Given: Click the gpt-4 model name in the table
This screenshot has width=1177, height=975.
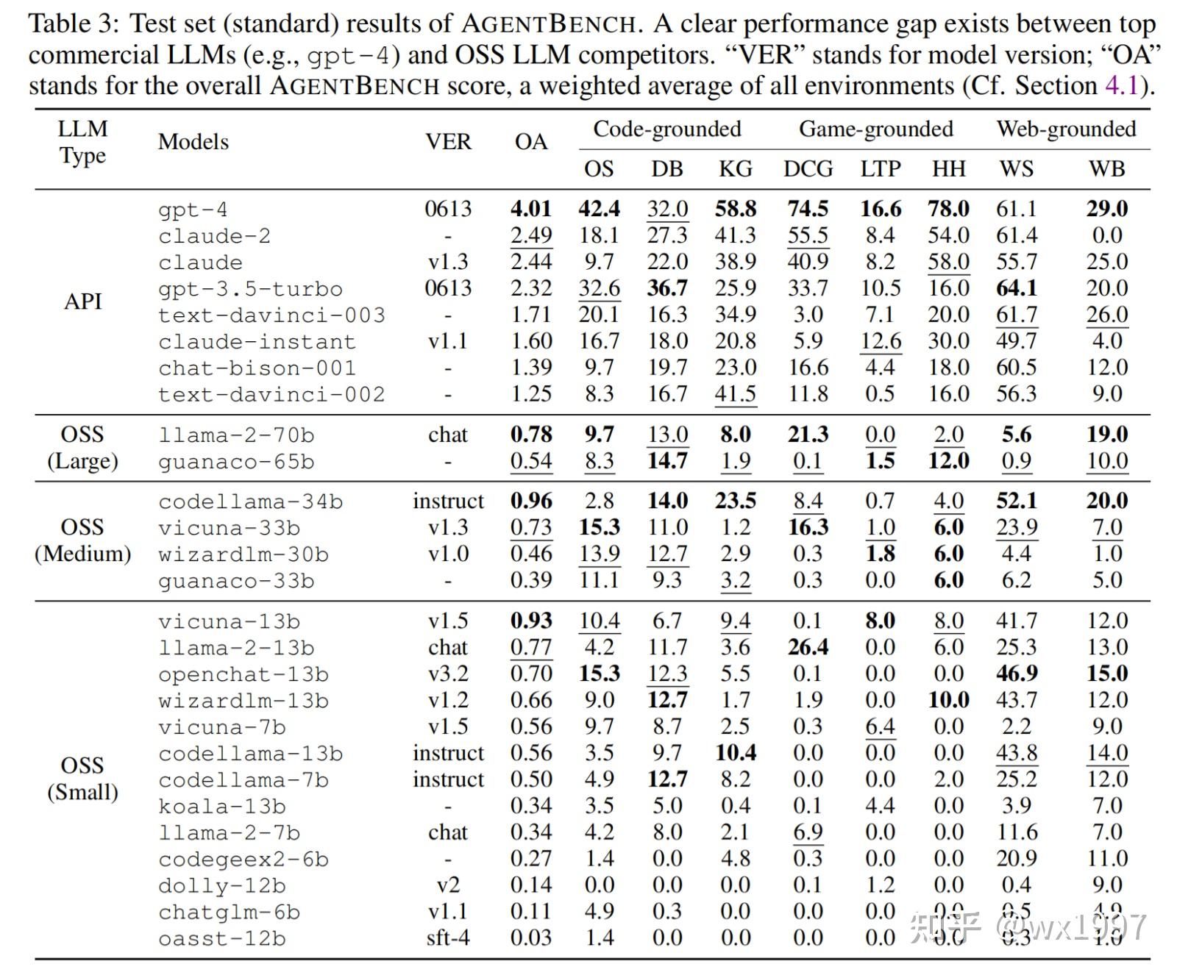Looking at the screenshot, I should coord(193,210).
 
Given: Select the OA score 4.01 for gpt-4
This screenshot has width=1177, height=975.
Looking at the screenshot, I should coord(530,209).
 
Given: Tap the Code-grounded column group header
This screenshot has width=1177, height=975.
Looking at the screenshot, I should coord(666,129).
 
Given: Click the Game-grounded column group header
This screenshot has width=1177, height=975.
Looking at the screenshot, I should coord(875,129).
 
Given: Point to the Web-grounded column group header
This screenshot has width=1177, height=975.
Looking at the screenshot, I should coord(1066,129).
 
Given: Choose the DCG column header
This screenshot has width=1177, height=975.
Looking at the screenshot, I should coord(808,169).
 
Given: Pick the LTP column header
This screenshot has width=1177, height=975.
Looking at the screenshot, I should coord(880,169).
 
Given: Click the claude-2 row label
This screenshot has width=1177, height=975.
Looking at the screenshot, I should coord(214,236).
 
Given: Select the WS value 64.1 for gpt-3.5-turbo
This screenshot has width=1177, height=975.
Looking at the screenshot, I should coord(1016,288).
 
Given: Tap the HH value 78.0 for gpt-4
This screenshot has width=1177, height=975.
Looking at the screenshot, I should coord(948,209).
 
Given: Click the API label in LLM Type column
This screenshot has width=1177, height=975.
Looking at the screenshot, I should coord(82,301).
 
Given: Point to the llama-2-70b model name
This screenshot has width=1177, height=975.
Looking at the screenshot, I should coord(236,435).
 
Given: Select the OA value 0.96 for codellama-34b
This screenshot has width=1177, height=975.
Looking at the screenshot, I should coord(530,501).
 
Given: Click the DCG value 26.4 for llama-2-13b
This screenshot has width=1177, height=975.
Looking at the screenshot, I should coord(808,648).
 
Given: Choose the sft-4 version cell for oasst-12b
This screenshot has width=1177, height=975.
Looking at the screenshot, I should coord(448,938).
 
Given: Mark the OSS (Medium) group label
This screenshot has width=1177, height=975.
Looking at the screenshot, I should coord(82,540).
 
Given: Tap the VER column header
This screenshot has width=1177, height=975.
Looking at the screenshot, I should coord(448,142).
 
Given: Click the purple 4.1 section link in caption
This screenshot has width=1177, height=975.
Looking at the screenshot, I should coord(1121,86).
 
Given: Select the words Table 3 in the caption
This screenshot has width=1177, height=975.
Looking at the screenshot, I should coord(73,24).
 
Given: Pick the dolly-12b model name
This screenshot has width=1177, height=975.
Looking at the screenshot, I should coord(221,886).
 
